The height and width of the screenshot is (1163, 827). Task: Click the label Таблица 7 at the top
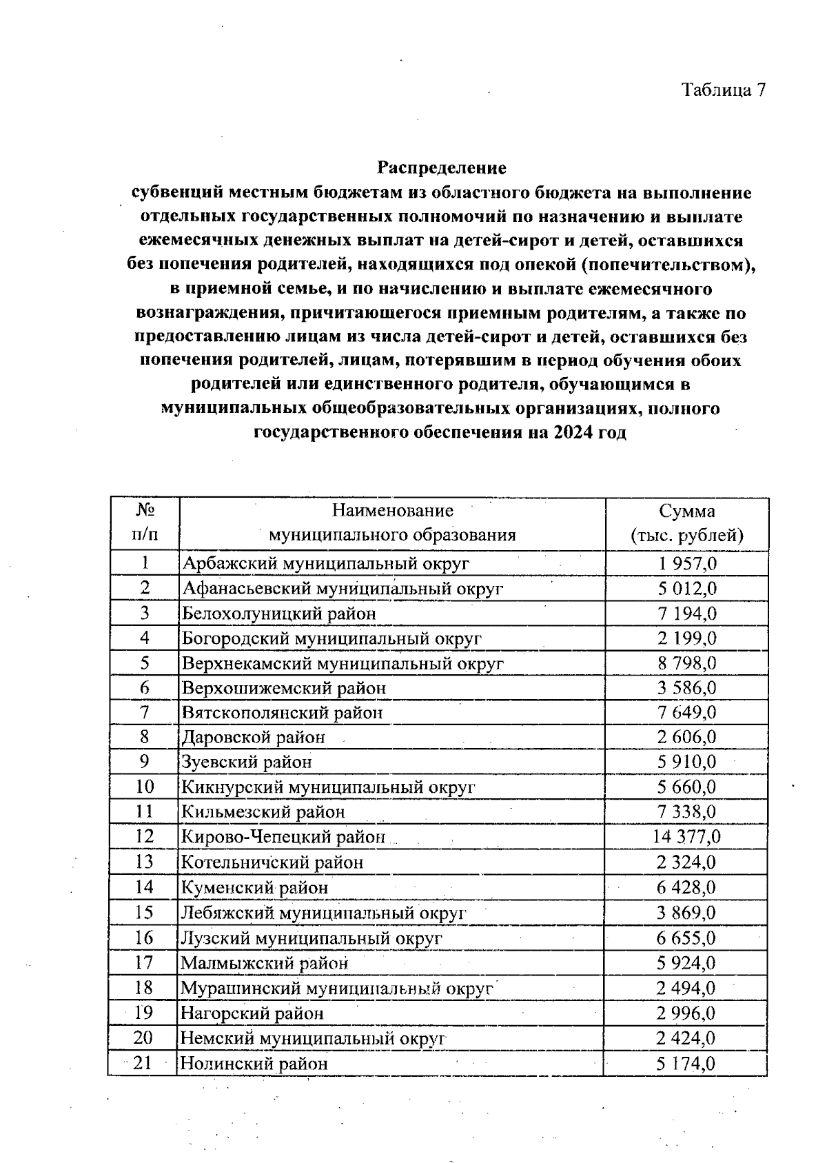click(x=723, y=90)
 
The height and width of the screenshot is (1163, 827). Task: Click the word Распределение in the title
click(x=442, y=168)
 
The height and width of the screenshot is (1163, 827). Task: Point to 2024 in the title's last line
click(x=571, y=433)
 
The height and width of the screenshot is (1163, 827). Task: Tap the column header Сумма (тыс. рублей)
click(x=686, y=523)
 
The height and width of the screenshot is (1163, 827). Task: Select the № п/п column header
click(x=144, y=523)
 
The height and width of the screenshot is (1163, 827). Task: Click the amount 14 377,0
click(x=686, y=837)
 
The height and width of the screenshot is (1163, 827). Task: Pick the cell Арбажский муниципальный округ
click(x=325, y=563)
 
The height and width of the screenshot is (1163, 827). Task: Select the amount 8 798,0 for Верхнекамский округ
click(x=686, y=663)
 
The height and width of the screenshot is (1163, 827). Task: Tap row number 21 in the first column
click(x=143, y=1063)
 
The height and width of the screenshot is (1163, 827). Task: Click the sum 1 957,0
click(x=686, y=563)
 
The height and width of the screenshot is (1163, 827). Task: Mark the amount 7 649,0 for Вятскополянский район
click(x=686, y=713)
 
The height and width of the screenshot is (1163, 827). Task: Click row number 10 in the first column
click(x=144, y=787)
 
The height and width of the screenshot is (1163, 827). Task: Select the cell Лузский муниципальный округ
click(x=311, y=938)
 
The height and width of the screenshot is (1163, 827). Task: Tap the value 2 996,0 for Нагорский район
click(x=686, y=1013)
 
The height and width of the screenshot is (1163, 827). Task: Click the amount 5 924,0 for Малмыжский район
click(x=686, y=963)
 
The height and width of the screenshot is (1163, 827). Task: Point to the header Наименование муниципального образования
click(x=392, y=523)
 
